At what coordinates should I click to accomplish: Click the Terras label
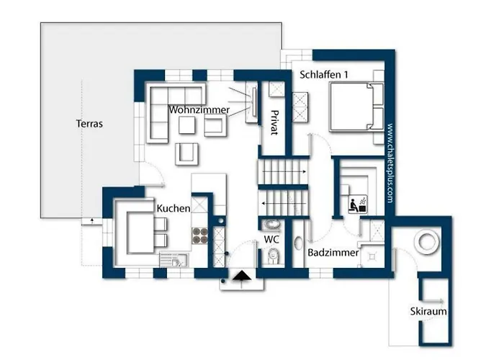[89, 124]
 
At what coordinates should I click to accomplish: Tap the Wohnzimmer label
[199, 109]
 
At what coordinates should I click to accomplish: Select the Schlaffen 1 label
[324, 75]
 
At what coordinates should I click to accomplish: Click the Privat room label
[274, 122]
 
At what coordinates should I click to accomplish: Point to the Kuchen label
[174, 208]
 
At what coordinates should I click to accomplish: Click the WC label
[271, 240]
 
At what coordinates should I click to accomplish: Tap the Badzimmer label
[333, 253]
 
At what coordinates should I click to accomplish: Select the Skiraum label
[428, 311]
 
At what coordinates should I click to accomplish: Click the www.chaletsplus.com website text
[390, 163]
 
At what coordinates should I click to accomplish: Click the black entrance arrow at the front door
[242, 276]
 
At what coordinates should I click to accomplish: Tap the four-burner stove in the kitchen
[200, 235]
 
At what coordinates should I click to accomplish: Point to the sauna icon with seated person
[358, 204]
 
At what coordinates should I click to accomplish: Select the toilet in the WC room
[274, 256]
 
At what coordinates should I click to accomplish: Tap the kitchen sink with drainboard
[174, 260]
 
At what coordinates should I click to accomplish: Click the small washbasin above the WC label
[272, 224]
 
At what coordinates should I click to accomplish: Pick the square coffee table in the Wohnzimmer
[186, 125]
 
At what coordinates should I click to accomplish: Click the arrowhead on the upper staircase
[304, 172]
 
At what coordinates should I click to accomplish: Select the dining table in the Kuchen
[140, 233]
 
